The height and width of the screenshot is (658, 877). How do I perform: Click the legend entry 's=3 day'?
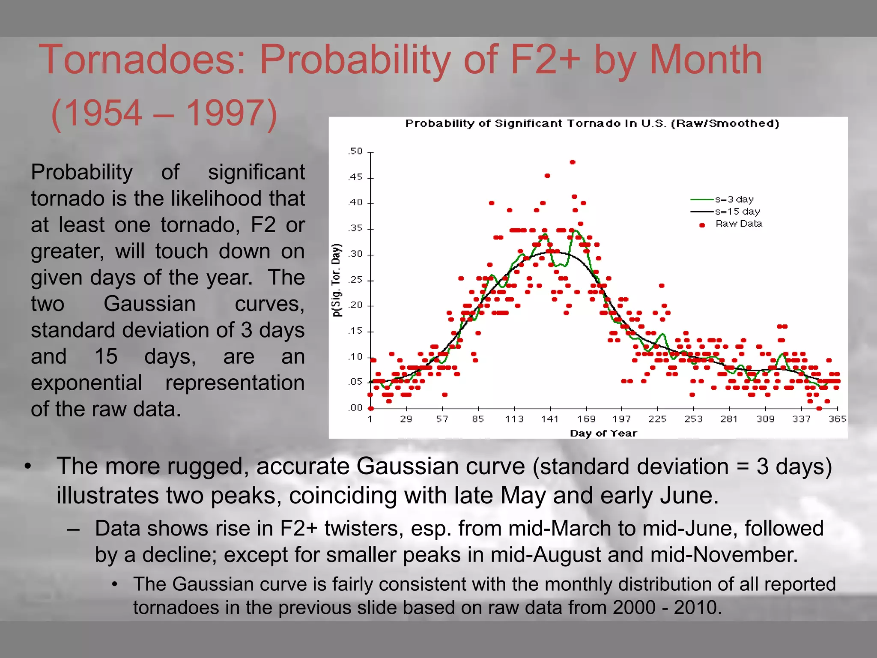734,199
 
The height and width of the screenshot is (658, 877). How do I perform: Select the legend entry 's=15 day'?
737,212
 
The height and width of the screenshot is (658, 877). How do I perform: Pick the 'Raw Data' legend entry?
739,224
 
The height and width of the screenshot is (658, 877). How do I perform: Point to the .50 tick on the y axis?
355,152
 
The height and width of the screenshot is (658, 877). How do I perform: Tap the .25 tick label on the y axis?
355,280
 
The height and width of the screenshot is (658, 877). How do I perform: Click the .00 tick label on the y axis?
355,408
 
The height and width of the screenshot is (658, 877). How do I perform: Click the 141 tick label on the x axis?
550,419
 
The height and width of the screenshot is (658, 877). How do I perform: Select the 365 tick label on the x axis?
837,419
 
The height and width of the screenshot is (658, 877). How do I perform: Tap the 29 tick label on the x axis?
406,419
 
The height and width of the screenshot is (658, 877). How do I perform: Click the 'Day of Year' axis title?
603,434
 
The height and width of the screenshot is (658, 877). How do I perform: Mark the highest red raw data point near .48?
573,162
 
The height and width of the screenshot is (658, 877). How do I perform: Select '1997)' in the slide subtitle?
232,113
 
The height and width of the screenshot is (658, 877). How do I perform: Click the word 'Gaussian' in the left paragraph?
149,304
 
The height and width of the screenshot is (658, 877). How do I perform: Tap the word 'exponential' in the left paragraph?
87,383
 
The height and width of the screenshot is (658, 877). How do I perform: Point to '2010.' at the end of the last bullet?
698,608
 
